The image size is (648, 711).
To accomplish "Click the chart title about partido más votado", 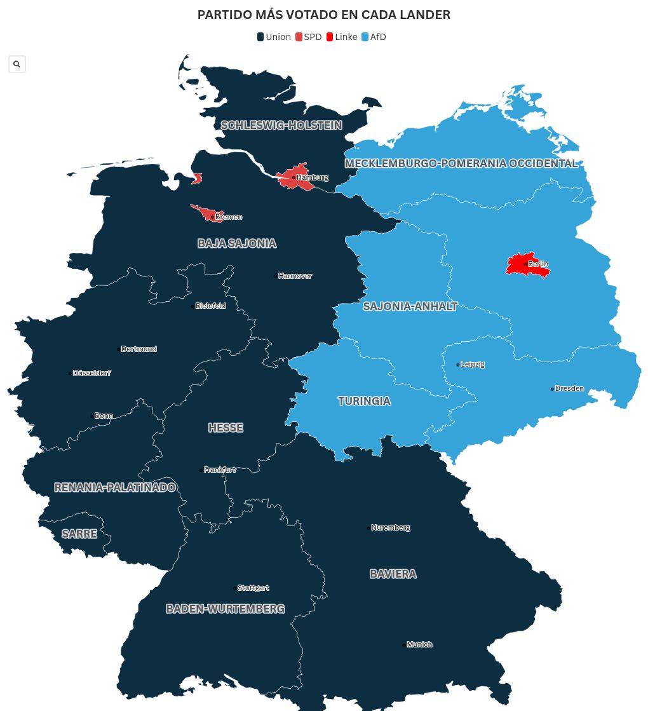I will [324, 15].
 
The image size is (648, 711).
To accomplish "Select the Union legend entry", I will [274, 37].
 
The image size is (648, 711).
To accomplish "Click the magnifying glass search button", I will [17, 64].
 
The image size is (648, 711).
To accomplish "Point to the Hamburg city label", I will [312, 177].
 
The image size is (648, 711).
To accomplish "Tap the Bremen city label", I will [228, 217].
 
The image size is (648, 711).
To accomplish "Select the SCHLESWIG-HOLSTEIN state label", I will [281, 125].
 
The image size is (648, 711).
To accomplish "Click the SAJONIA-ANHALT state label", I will [410, 306].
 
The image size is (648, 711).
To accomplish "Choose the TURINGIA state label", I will [364, 401].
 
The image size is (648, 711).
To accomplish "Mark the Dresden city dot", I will [552, 389].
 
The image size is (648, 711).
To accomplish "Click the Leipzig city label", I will [473, 364].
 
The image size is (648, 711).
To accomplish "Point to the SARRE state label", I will [79, 534].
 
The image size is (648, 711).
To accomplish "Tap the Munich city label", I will [419, 644].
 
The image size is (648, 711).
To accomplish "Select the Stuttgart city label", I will [253, 588].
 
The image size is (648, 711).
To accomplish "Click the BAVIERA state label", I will [393, 574].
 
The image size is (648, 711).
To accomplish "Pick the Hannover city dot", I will [275, 276].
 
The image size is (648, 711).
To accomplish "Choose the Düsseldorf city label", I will [91, 373].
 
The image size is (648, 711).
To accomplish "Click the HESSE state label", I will [226, 428].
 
